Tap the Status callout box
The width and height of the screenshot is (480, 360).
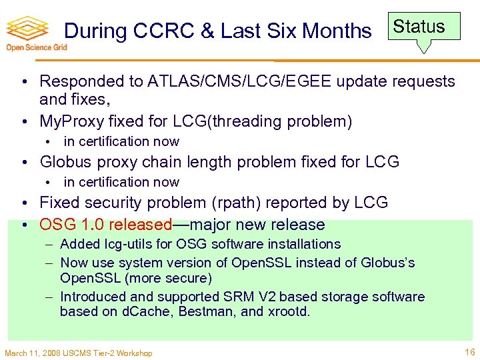point(419,27)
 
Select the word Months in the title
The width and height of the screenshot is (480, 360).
point(337,31)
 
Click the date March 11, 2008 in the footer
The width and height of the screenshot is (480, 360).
point(32,353)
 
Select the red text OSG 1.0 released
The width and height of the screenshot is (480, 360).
point(106,225)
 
